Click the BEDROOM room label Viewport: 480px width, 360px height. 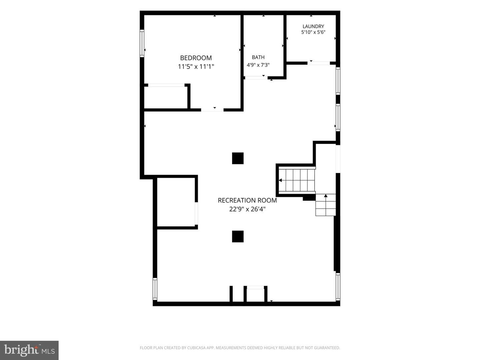196,58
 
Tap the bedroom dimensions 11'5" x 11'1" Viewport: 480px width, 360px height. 196,66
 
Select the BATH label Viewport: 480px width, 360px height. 258,57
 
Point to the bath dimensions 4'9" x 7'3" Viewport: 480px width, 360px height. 258,65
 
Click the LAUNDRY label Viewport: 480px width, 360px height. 313,26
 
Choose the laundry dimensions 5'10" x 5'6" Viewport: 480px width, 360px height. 313,32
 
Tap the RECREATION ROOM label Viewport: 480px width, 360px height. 247,200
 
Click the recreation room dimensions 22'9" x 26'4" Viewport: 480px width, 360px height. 247,209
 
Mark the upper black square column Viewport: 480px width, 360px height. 238,158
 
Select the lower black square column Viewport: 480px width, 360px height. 238,237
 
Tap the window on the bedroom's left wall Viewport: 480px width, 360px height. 142,43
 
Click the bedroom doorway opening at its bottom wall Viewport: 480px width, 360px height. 212,110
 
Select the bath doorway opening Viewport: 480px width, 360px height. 256,78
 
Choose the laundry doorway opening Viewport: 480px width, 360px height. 319,63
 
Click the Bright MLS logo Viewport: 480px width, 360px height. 29,350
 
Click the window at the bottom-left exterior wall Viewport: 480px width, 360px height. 155,289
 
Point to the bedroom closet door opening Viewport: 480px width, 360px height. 166,85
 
